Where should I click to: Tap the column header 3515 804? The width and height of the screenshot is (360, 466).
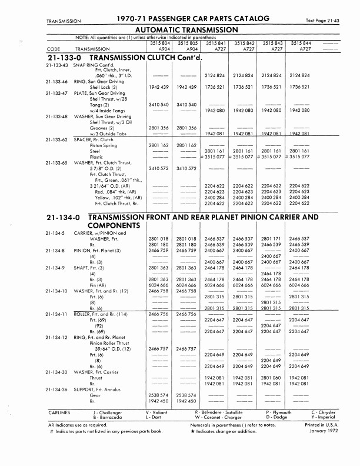click(160, 43)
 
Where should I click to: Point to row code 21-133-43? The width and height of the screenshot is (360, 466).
click(58, 65)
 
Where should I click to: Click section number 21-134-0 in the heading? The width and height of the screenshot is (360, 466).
click(63, 218)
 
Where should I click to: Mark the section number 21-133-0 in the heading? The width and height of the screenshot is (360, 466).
click(63, 58)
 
